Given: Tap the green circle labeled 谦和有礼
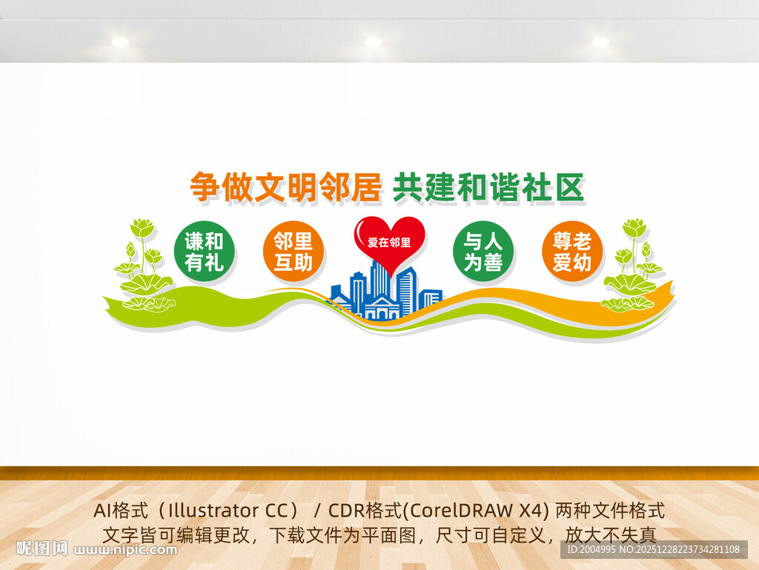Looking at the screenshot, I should tap(204, 252).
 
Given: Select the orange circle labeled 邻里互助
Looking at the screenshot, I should tap(294, 252).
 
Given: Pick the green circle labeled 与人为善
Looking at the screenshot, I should tap(483, 252).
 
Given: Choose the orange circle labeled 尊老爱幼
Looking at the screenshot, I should tap(571, 252).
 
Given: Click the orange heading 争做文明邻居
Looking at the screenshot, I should tap(285, 188).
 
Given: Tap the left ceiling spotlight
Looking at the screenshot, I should tap(120, 42).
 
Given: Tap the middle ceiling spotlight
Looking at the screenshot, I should tap(373, 42).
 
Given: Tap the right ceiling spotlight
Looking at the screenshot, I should tap(600, 42).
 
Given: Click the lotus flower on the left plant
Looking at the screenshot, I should tap(142, 227).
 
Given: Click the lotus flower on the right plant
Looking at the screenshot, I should tap(634, 227).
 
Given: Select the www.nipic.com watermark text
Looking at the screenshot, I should tap(127, 550).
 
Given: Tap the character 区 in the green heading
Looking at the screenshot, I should tap(570, 188).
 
